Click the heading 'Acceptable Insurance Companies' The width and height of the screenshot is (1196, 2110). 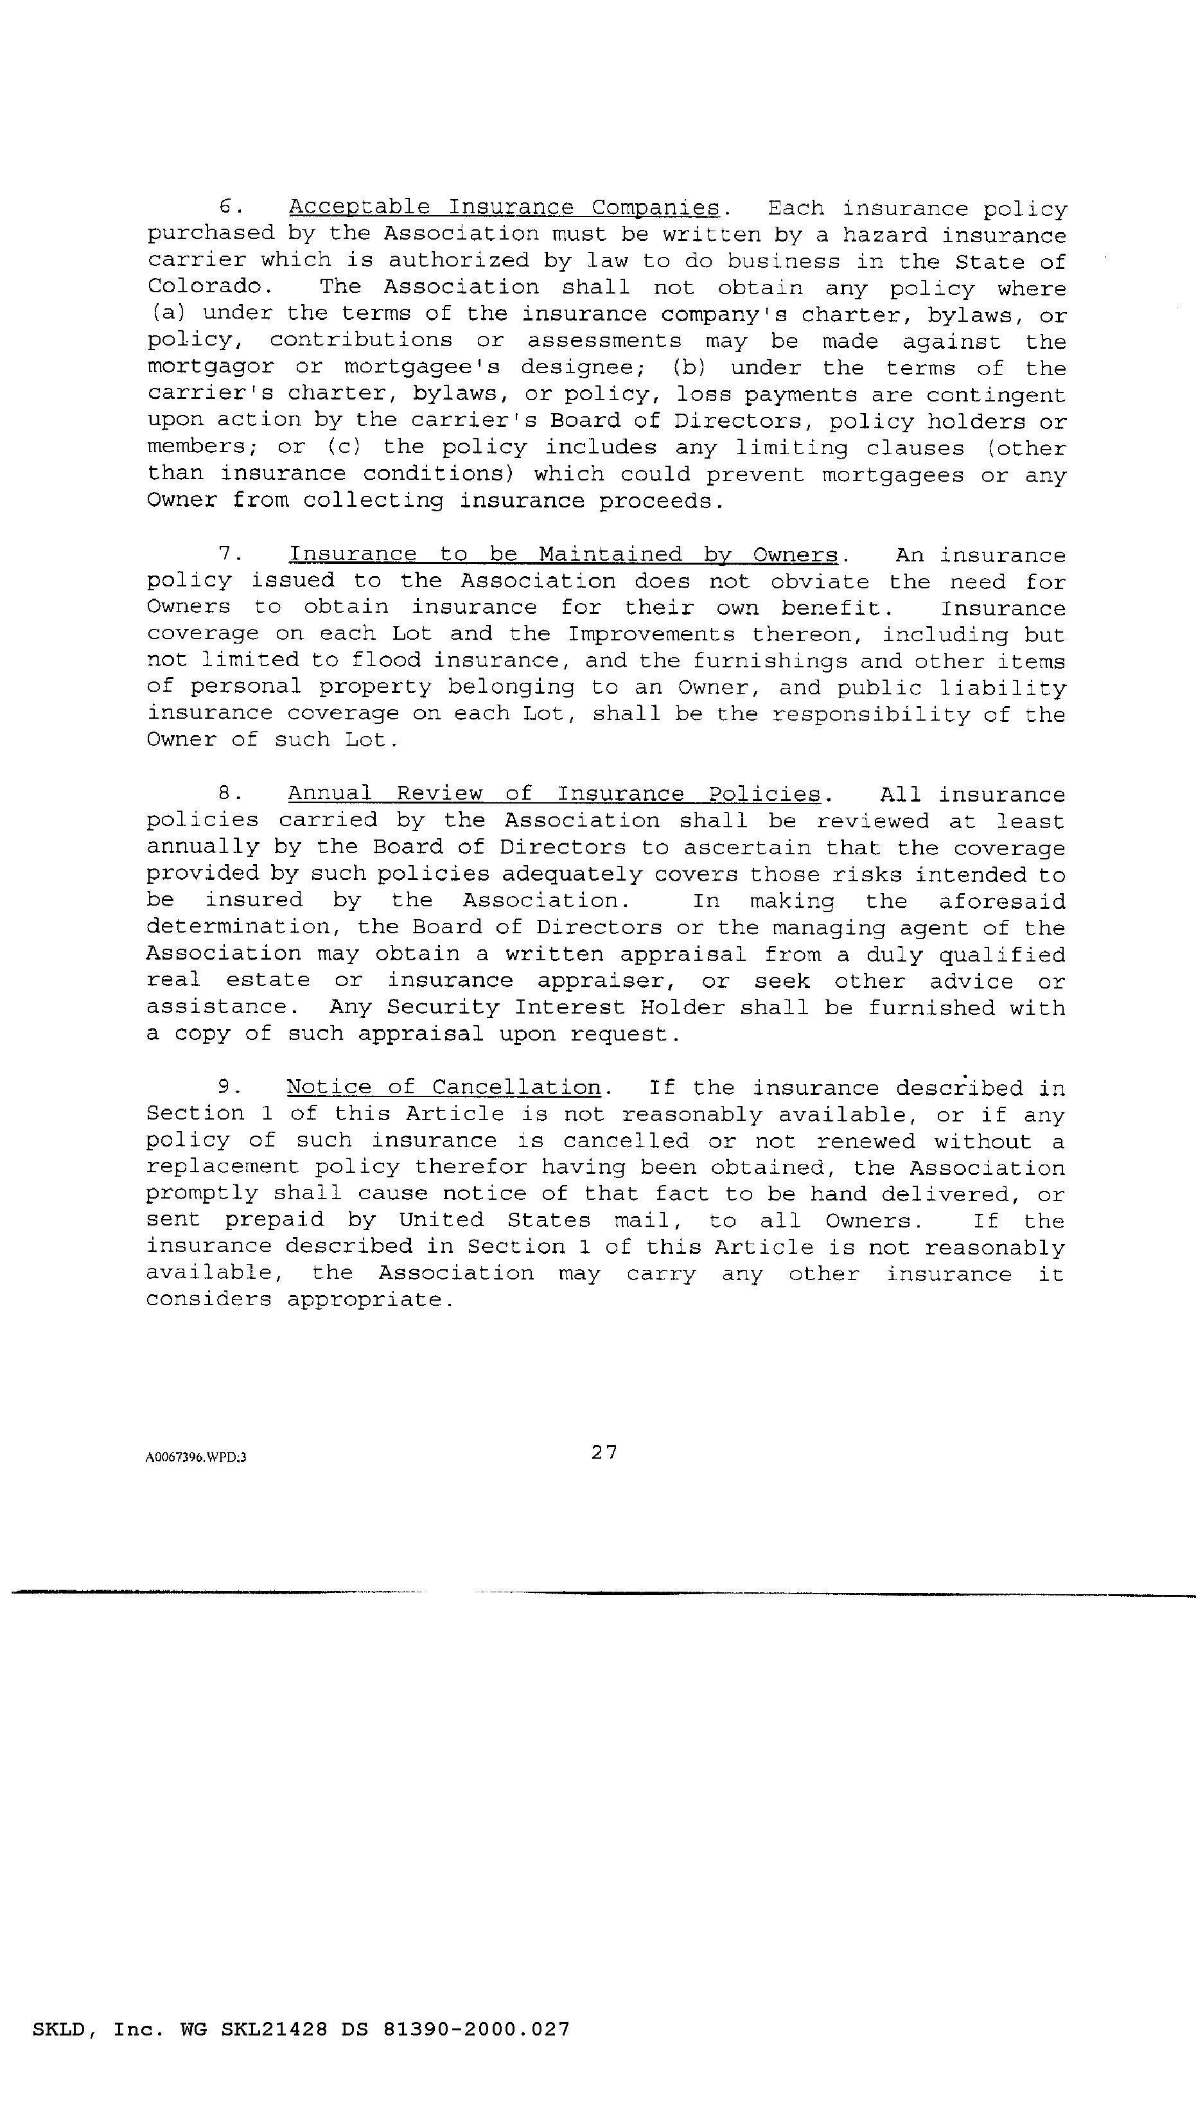(505, 208)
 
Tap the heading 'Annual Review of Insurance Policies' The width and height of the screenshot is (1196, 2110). (554, 795)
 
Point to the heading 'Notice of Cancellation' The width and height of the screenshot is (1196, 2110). (444, 1087)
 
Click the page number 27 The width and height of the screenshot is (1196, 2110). (604, 1452)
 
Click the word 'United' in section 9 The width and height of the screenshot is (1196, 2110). (441, 1220)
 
